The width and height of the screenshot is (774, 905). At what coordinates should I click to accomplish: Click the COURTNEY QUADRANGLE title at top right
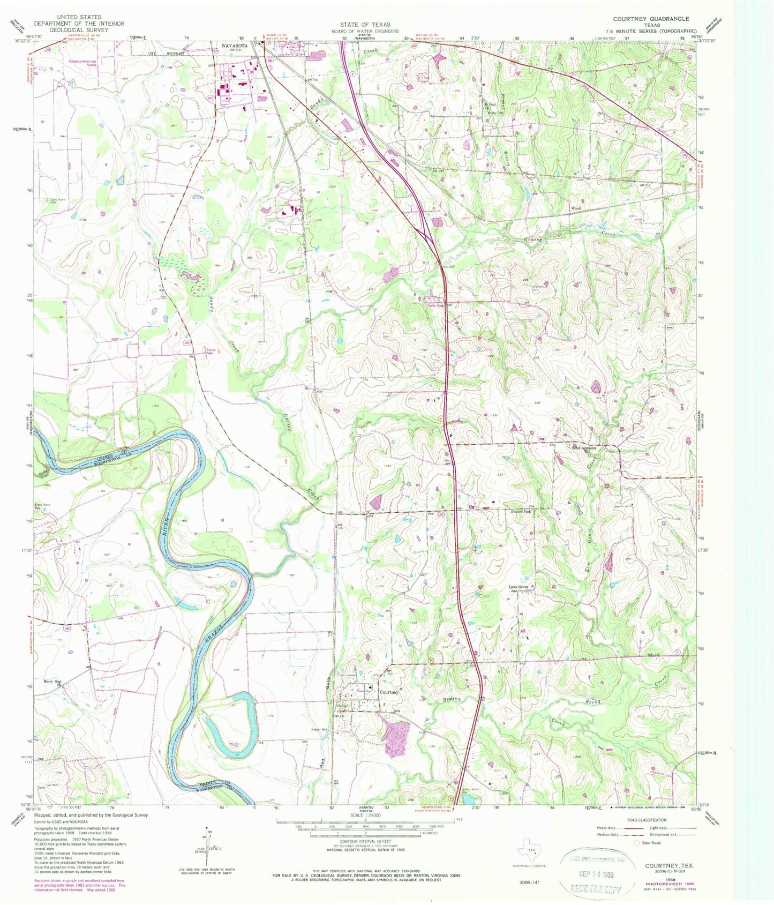(651, 18)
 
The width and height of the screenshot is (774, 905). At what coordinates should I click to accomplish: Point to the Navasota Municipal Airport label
(81, 63)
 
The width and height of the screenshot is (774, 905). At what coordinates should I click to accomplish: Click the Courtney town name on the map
(389, 692)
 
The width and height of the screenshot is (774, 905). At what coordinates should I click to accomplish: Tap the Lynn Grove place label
(518, 587)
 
